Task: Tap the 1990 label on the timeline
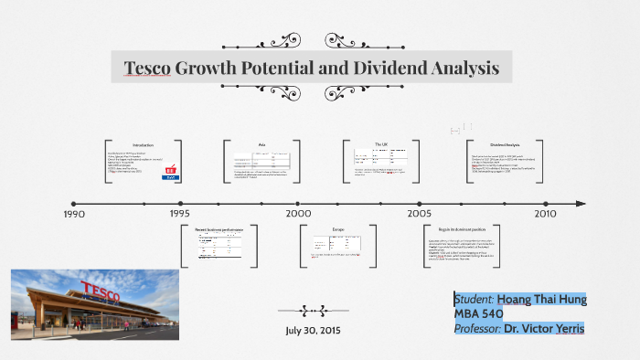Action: point(74,214)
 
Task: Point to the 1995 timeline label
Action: point(179,214)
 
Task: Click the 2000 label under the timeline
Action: point(298,214)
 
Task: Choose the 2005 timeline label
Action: point(420,214)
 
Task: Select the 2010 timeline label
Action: point(545,214)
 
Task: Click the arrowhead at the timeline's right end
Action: point(581,204)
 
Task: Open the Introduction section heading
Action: point(144,145)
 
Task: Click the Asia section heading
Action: point(261,144)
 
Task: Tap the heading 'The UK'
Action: point(381,144)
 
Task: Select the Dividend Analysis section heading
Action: point(505,144)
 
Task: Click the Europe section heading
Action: point(336,229)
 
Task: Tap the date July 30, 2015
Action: point(313,330)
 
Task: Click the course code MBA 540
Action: point(478,313)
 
